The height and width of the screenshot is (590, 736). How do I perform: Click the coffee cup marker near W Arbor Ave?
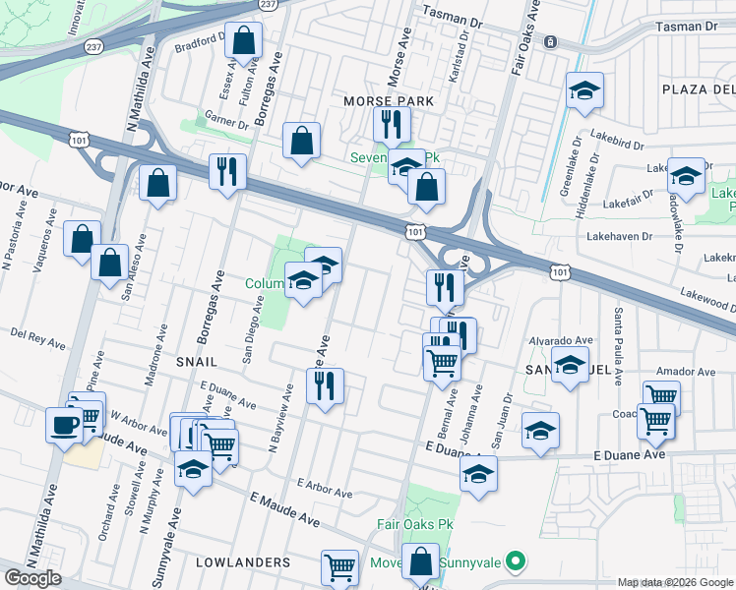point(65,425)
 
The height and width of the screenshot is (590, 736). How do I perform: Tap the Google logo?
point(32,578)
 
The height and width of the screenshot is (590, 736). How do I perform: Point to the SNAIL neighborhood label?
point(196,362)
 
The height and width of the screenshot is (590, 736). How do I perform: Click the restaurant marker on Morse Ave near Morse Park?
point(392,124)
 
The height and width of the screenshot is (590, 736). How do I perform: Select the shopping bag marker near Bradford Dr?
point(244,42)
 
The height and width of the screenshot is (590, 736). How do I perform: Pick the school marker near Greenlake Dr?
point(584,91)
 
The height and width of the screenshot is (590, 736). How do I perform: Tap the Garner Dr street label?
point(225,123)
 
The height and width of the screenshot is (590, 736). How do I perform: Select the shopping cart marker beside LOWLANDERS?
point(339,566)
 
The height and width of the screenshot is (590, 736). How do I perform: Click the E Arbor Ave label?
point(324,487)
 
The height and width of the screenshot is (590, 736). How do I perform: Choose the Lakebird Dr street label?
point(616,143)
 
